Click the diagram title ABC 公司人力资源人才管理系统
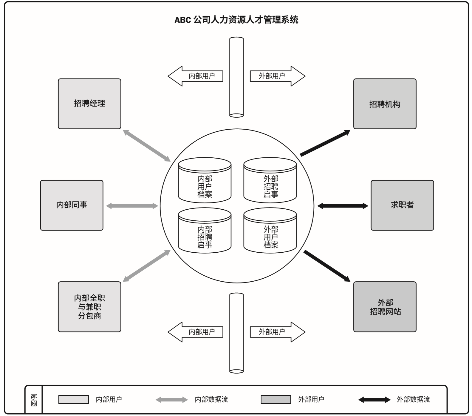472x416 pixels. click(x=236, y=20)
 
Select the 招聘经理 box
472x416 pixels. click(x=89, y=104)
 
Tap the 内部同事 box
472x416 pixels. click(x=72, y=205)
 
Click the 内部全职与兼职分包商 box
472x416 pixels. click(x=89, y=307)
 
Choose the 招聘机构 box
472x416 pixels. click(x=385, y=104)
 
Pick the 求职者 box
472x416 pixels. click(x=402, y=205)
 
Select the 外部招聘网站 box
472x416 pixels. click(x=385, y=307)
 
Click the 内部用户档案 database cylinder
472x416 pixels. click(x=205, y=180)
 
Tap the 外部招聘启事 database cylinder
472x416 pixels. click(x=270, y=180)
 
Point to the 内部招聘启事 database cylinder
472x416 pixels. click(x=205, y=231)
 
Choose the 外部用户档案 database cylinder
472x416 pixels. click(x=270, y=231)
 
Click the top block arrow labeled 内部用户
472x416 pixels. click(x=195, y=76)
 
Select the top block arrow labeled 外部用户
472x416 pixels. click(x=278, y=76)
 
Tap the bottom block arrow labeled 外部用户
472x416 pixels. click(x=278, y=332)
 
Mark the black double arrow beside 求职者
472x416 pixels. click(x=343, y=206)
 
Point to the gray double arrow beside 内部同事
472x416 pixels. click(x=132, y=206)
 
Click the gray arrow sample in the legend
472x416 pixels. click(x=172, y=400)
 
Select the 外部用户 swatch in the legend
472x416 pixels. click(x=276, y=400)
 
